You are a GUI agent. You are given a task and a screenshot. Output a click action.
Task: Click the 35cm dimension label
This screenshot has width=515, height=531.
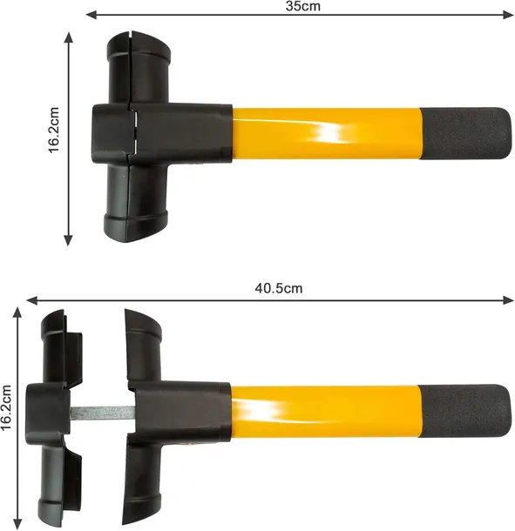click(302, 6)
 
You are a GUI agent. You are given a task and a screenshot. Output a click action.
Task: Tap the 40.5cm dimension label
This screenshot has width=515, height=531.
click(278, 288)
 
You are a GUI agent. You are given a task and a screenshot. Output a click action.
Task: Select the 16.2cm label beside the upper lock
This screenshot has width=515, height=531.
click(54, 130)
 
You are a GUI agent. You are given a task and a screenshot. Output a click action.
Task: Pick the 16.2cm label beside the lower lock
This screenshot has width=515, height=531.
click(6, 407)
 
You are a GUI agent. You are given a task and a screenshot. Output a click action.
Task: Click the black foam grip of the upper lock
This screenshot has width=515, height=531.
click(466, 134)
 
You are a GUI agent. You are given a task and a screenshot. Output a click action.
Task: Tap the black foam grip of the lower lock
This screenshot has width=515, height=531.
click(464, 410)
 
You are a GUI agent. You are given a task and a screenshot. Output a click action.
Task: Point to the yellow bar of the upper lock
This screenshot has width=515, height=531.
click(327, 133)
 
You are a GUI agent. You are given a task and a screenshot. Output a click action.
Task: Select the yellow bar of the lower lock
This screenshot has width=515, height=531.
click(326, 411)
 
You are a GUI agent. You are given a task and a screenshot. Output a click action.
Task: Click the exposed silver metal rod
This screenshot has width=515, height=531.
click(102, 412)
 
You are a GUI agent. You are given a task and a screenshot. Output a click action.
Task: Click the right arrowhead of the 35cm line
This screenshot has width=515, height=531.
click(509, 15)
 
